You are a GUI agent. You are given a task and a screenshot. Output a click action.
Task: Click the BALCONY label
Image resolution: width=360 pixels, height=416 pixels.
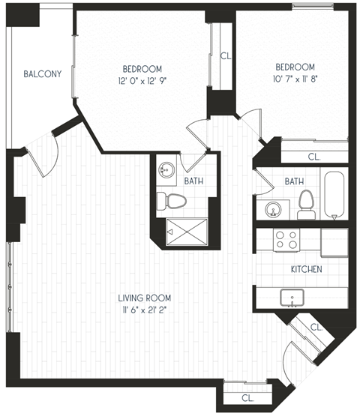click(x=42, y=74)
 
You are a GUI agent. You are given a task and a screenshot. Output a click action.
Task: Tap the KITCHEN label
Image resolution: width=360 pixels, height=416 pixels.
click(x=307, y=268)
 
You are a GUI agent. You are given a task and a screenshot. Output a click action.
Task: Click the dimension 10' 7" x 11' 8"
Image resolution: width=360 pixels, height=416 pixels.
click(x=294, y=79)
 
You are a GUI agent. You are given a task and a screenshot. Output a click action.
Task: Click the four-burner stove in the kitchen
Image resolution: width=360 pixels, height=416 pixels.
click(x=285, y=239)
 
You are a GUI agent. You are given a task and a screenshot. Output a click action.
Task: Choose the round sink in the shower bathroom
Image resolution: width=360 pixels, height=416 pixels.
click(x=166, y=171)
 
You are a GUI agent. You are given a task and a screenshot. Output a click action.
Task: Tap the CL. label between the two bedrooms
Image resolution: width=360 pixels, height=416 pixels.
click(x=226, y=55)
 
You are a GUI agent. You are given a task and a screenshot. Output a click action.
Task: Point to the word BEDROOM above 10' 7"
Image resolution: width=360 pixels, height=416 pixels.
click(x=294, y=66)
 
